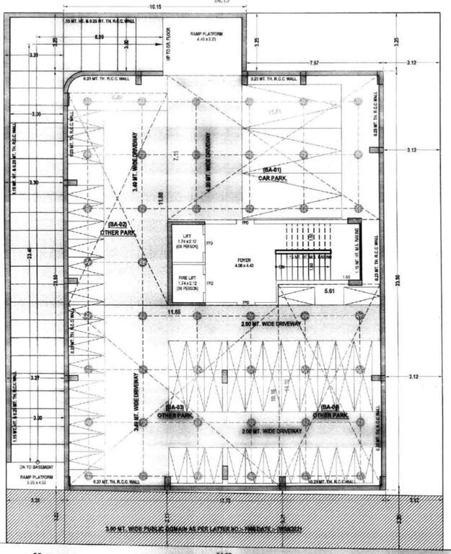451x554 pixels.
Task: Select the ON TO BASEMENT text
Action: click(x=35, y=467)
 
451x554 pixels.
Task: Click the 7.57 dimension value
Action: click(x=314, y=63)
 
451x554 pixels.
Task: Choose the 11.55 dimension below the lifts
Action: click(x=174, y=312)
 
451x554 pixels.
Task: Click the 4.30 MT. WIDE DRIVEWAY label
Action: click(x=208, y=162)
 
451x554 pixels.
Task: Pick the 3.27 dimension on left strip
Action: click(x=35, y=377)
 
